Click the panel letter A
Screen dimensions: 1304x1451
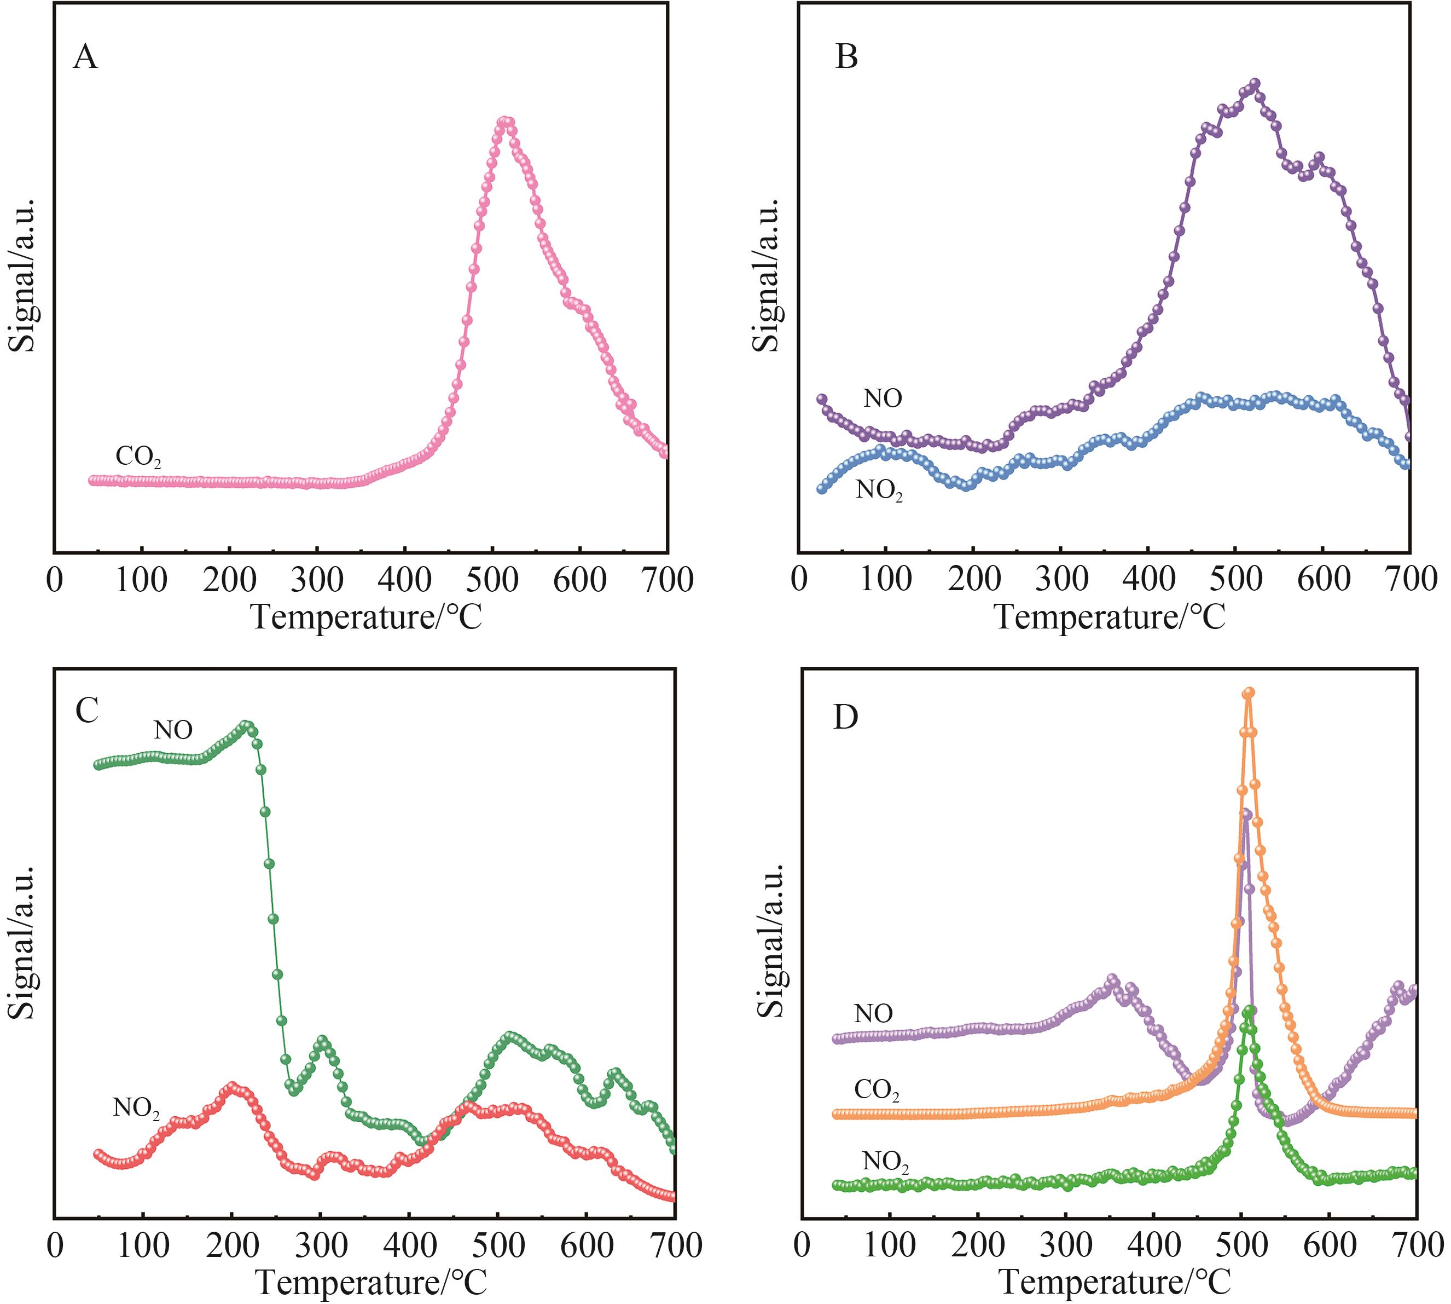pyautogui.click(x=85, y=56)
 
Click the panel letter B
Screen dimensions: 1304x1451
pyautogui.click(x=846, y=56)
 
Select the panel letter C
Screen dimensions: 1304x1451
pyautogui.click(x=86, y=710)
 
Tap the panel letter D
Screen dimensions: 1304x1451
pyautogui.click(x=846, y=717)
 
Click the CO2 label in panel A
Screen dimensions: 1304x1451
pyautogui.click(x=138, y=457)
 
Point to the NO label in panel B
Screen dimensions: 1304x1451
pyautogui.click(x=883, y=399)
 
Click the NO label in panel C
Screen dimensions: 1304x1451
pyautogui.click(x=173, y=730)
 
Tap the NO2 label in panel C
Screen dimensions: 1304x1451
pyautogui.click(x=136, y=1109)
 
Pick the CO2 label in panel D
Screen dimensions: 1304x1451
pyautogui.click(x=877, y=1090)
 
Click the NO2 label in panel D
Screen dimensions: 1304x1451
pyautogui.click(x=885, y=1162)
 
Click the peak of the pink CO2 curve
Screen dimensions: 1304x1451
pyautogui.click(x=506, y=121)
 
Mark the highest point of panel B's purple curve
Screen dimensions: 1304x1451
pyautogui.click(x=1255, y=83)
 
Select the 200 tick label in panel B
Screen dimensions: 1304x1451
pyautogui.click(x=974, y=580)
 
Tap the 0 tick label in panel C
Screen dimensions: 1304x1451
pyautogui.click(x=55, y=1246)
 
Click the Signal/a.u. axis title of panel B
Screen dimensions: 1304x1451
pyautogui.click(x=767, y=276)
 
